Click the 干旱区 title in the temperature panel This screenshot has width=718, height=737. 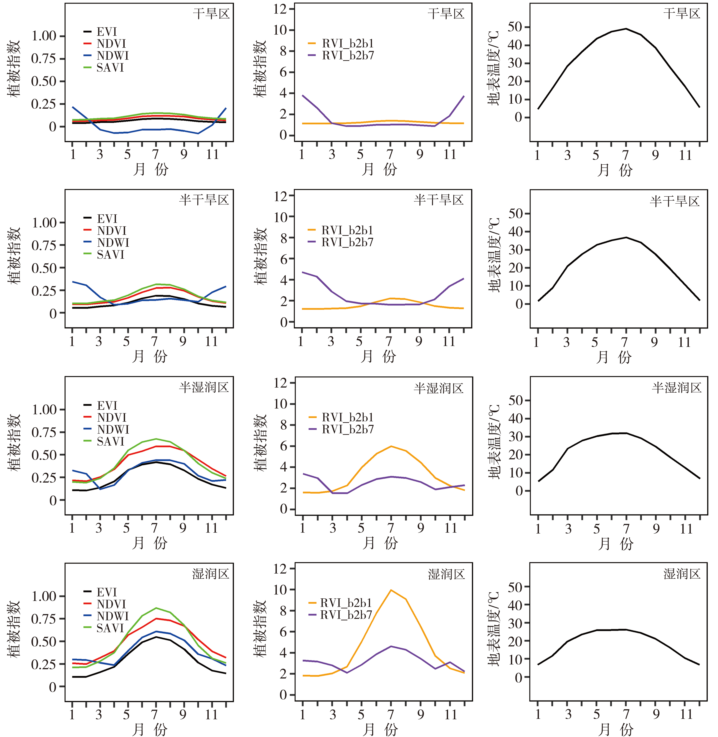click(682, 14)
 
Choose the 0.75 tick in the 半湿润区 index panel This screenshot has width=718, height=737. click(43, 432)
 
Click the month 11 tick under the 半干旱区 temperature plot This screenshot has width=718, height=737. click(684, 342)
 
